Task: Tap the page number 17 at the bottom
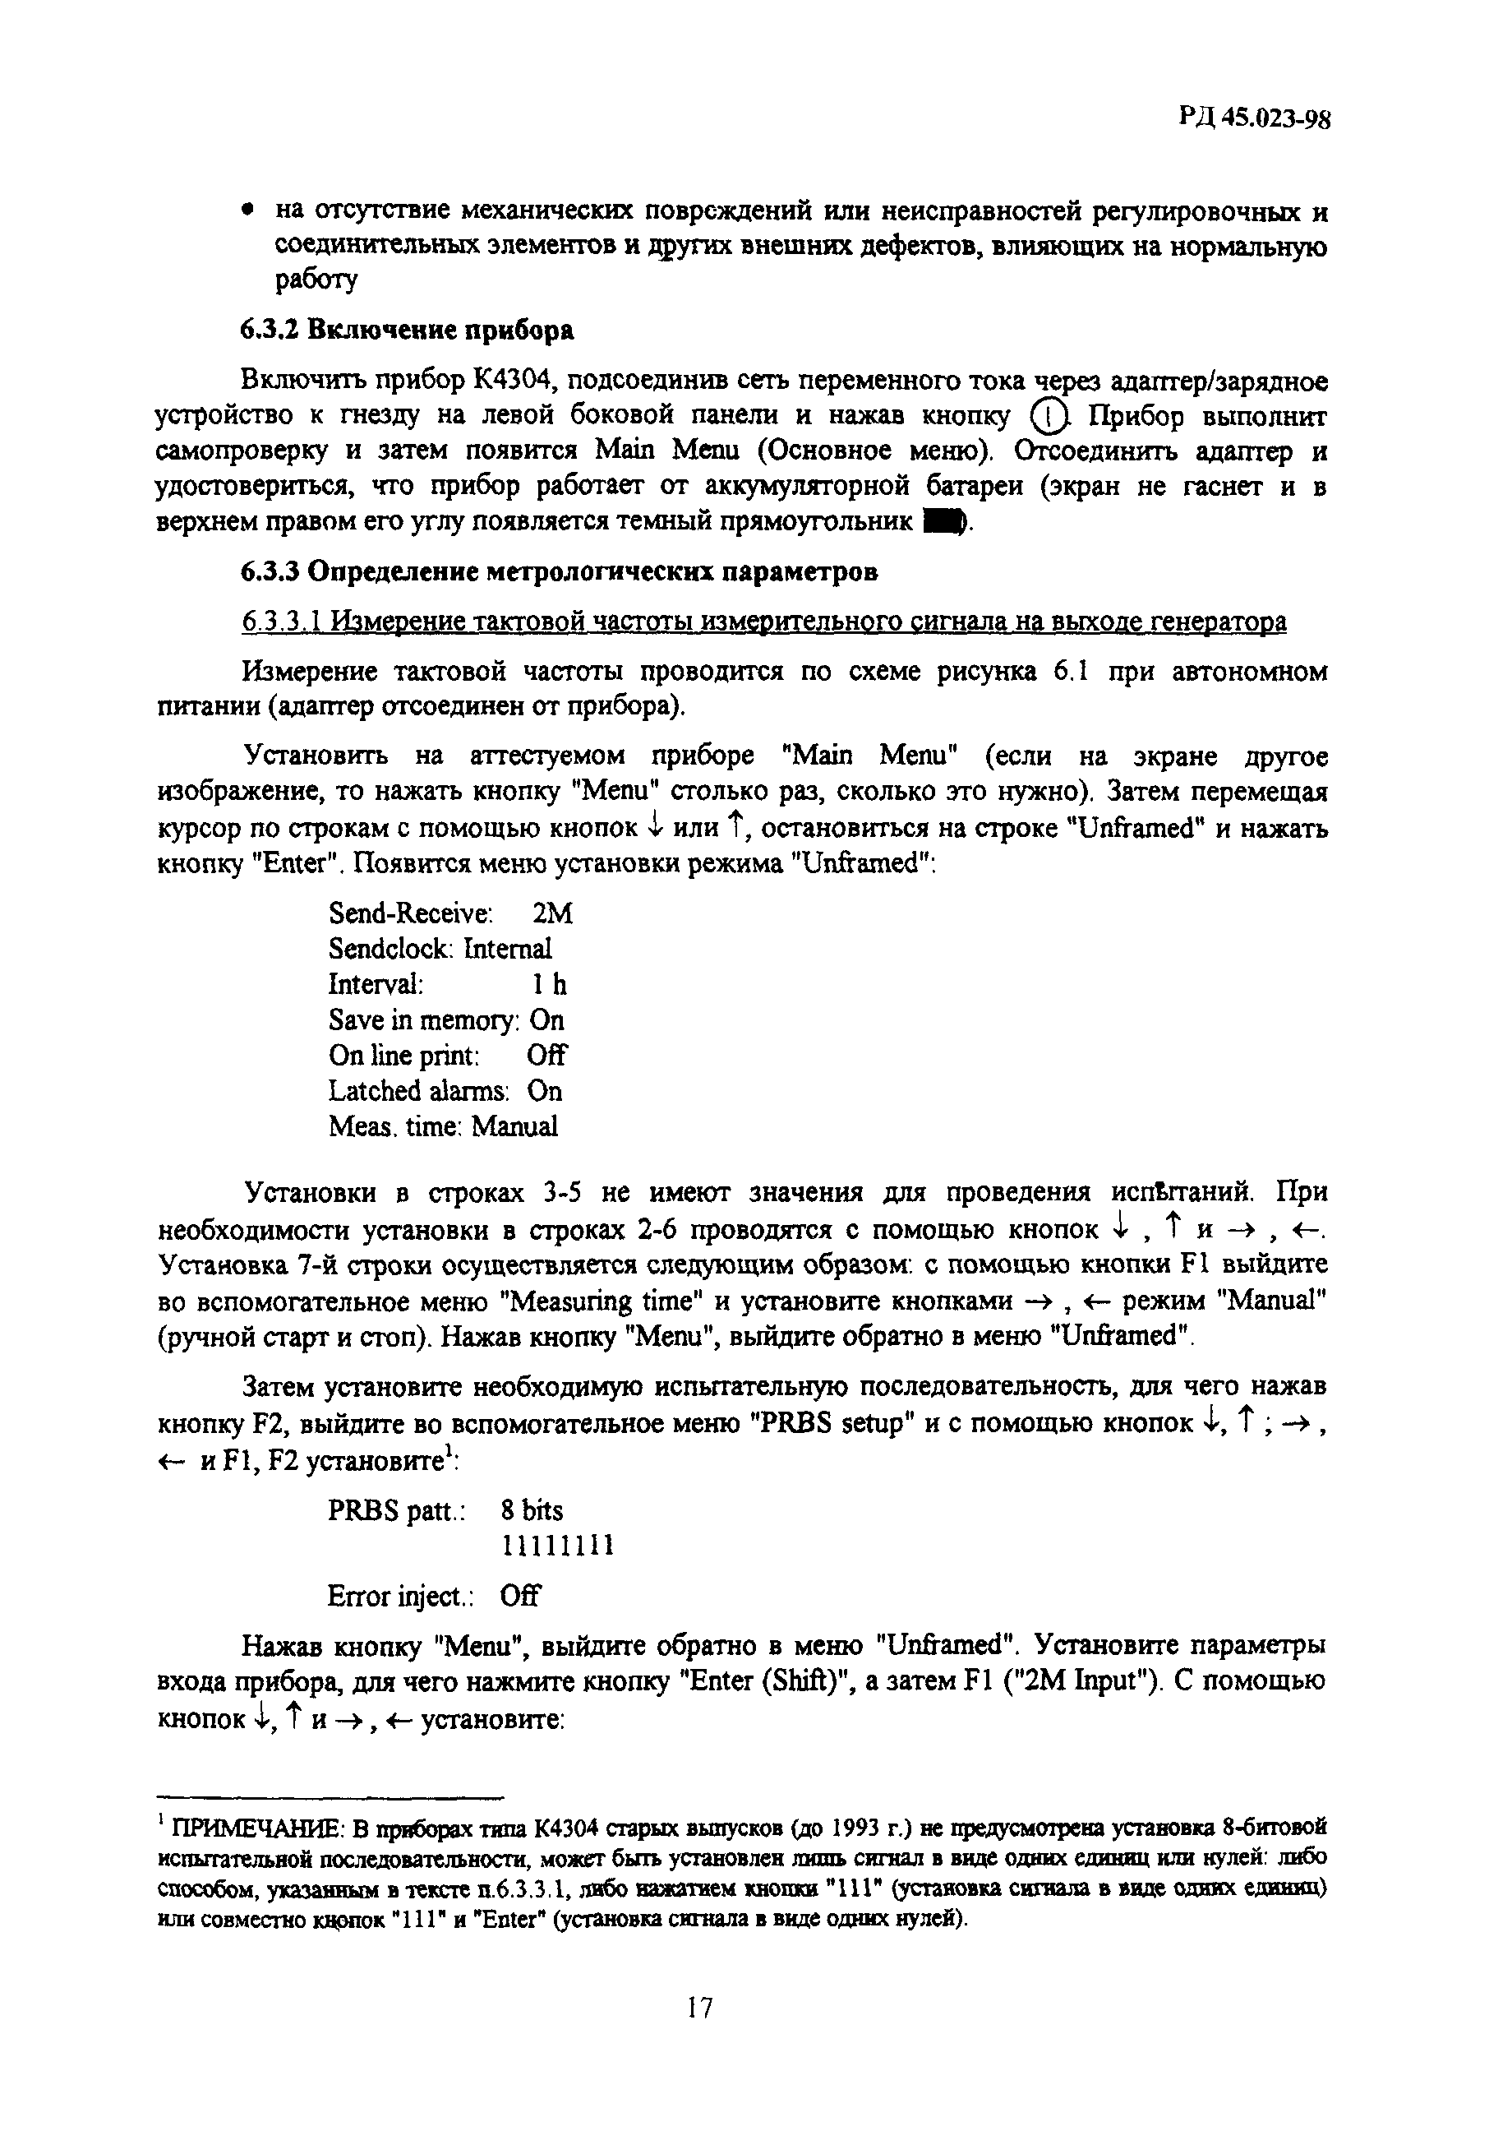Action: (699, 2005)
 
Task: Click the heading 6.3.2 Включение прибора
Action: (407, 330)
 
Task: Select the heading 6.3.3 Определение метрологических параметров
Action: (559, 571)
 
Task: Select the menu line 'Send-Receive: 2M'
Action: (450, 913)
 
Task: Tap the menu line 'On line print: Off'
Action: (447, 1056)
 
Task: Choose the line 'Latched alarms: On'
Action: (445, 1091)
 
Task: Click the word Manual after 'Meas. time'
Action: (515, 1126)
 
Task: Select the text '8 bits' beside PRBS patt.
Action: (532, 1509)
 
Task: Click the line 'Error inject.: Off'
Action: (434, 1597)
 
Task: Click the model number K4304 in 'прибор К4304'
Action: (514, 381)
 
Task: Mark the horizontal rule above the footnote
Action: (330, 1796)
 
